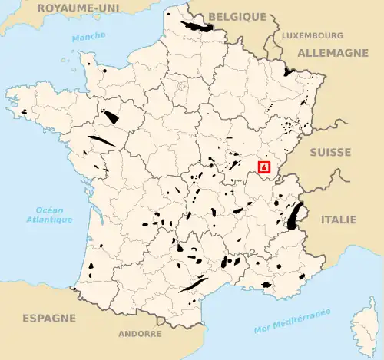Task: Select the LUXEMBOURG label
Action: pos(312,35)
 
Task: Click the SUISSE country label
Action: pos(329,152)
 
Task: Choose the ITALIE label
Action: pos(338,220)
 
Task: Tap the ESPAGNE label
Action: pos(49,318)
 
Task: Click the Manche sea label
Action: pos(88,38)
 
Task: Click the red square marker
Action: pos(265,166)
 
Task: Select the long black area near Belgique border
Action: pos(197,28)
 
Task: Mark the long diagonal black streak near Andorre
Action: pos(193,285)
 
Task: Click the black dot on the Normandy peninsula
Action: pos(104,70)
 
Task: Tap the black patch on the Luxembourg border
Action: pos(289,71)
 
